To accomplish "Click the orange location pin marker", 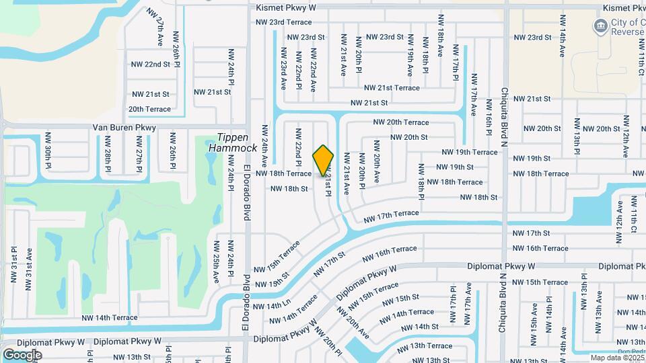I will (324, 161).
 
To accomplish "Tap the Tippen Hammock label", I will (233, 142).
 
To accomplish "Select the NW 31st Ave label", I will (30, 268).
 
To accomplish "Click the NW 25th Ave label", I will (217, 261).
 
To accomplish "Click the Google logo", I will (23, 355).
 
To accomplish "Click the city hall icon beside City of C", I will (599, 26).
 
